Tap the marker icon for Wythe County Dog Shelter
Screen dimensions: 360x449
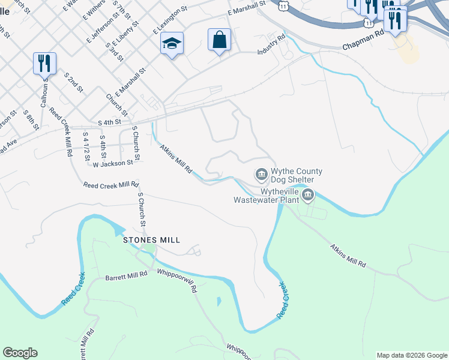click(x=261, y=175)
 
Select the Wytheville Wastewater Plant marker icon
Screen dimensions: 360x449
click(x=308, y=194)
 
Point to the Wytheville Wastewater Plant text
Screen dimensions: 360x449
click(x=265, y=196)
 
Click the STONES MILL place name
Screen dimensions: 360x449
click(x=151, y=239)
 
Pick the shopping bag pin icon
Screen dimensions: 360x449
click(x=219, y=40)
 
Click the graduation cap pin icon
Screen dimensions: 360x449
click(x=172, y=44)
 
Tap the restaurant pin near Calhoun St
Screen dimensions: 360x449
click(x=44, y=63)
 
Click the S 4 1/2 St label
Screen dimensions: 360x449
click(x=87, y=144)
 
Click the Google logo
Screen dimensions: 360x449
click(x=20, y=353)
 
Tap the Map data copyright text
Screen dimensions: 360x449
click(x=412, y=355)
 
